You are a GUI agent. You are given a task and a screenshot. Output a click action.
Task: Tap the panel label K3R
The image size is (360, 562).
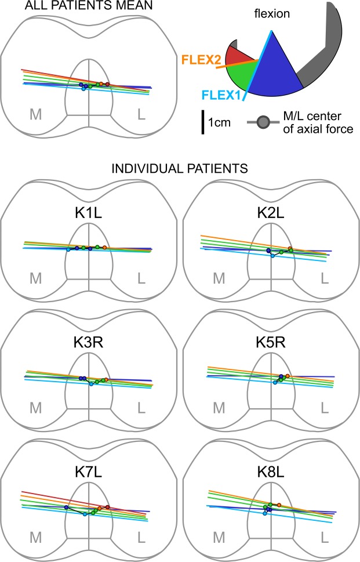(x=89, y=339)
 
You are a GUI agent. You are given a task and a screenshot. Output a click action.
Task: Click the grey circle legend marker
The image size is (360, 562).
(x=263, y=122)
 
